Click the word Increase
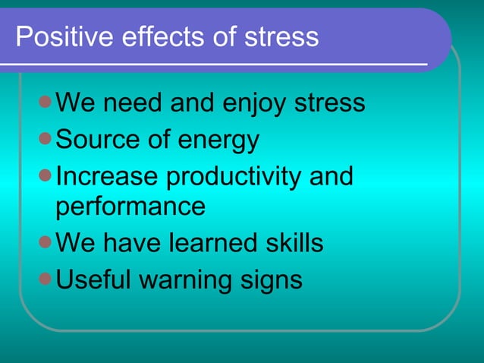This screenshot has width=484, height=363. point(107,176)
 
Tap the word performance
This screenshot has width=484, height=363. point(130,207)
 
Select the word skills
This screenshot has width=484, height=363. point(296,243)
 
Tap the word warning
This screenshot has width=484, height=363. point(184,281)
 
